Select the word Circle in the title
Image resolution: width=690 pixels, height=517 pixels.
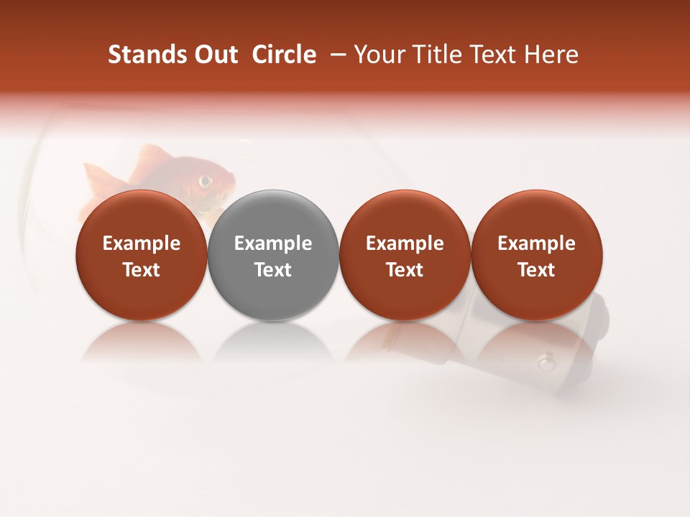click(x=284, y=55)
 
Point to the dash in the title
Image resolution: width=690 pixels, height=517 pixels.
click(x=336, y=55)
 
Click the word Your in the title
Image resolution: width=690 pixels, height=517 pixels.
click(x=379, y=55)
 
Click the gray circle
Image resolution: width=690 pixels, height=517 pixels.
click(x=273, y=254)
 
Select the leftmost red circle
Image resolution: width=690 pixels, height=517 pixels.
click(x=142, y=254)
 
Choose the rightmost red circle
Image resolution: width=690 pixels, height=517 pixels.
click(x=536, y=254)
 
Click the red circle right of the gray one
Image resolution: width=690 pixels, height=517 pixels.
click(x=405, y=254)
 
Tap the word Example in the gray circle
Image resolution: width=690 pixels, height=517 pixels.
click(x=273, y=243)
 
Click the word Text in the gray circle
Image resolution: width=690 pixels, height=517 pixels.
click(x=273, y=270)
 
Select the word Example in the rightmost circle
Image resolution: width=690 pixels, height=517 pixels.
click(x=536, y=243)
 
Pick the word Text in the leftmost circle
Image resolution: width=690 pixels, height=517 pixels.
click(x=142, y=270)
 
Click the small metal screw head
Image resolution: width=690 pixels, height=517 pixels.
click(x=548, y=360)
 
